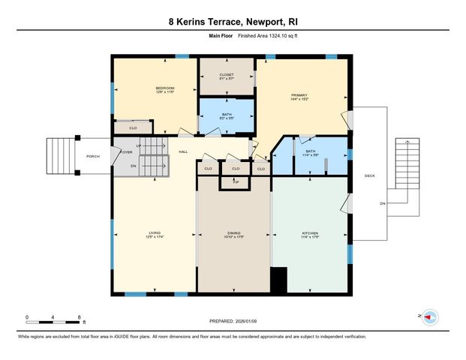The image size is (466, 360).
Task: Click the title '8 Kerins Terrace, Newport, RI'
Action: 233,22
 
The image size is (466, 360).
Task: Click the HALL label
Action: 183,152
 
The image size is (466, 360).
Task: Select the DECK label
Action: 369,176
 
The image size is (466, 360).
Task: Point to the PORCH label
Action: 93,156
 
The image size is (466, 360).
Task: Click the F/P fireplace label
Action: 235,181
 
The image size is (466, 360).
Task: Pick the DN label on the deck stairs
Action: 382,203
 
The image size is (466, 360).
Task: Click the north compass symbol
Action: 430,317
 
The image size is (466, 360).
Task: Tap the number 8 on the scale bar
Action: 79,318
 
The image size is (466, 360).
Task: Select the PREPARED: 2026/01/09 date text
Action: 233,321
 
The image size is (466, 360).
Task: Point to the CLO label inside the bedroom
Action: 133,128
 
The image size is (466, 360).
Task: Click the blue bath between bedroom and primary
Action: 227,117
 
